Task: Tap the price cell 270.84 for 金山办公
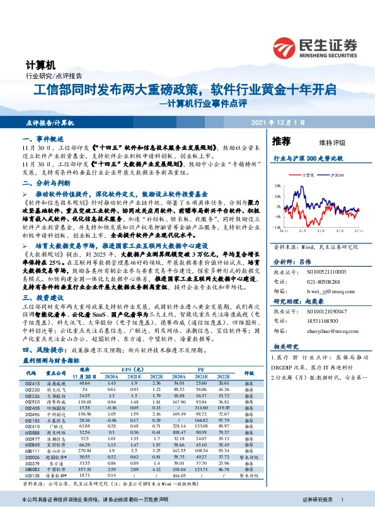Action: coord(84,450)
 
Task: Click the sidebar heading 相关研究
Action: coord(286,347)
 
